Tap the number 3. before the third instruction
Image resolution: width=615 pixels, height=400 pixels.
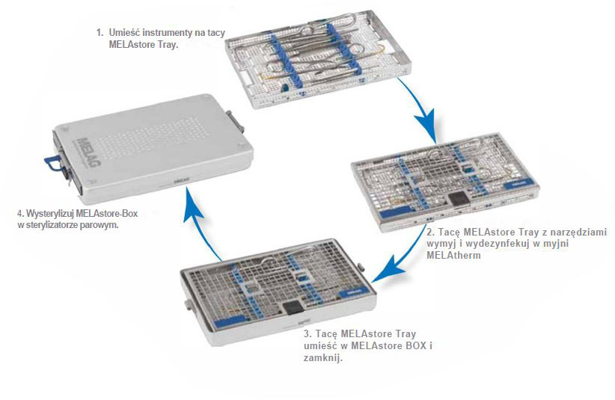[x=308, y=331]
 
